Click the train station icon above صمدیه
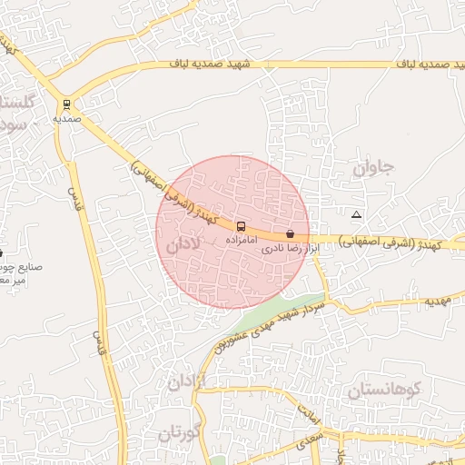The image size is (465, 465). click(66, 104)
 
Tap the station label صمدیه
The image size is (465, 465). click(66, 119)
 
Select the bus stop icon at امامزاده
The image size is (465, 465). click(241, 226)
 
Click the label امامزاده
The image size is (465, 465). click(241, 241)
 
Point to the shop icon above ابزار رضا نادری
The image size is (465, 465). click(290, 234)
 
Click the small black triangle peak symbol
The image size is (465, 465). click(356, 215)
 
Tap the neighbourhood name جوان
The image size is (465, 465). click(374, 168)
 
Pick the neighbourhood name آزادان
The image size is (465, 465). click(188, 380)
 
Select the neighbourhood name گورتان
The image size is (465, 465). click(178, 432)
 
